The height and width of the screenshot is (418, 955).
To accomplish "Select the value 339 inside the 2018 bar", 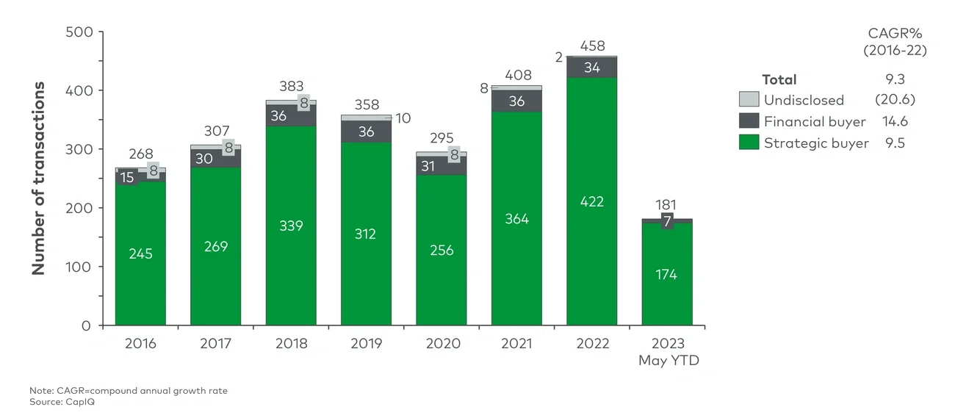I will [291, 225].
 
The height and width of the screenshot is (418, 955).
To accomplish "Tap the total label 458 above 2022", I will [591, 46].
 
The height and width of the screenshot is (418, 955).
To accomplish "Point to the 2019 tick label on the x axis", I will [366, 344].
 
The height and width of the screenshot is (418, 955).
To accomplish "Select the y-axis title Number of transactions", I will [38, 179].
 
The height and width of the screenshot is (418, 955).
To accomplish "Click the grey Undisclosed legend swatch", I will [748, 100].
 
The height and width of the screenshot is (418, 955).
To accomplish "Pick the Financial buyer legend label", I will [814, 122].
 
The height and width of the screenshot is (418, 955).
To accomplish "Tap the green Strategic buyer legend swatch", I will [748, 143].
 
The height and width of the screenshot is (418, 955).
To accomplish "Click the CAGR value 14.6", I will [895, 122].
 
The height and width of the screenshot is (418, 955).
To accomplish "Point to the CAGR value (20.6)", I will [895, 100].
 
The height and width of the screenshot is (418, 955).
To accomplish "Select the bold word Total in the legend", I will [779, 79].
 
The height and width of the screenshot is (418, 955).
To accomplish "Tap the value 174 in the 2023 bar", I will [666, 274].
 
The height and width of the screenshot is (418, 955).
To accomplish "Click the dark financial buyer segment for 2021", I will [516, 101].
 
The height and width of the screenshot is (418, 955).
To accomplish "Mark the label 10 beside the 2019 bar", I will [403, 118].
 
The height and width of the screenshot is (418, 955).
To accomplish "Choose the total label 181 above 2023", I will [666, 205].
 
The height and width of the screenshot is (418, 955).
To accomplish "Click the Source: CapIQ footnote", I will [62, 402].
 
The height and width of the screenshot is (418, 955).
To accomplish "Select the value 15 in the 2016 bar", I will [127, 177].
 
